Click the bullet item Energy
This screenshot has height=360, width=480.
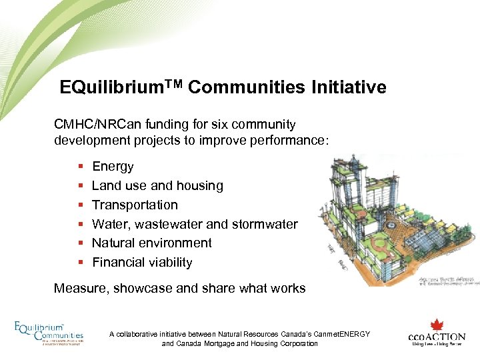coord(113,167)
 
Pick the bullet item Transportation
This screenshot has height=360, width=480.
coord(135,205)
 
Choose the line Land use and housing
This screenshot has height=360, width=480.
coord(157,186)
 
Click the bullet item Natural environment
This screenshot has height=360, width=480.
coord(151,243)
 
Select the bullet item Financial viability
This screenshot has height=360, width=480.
coord(142,262)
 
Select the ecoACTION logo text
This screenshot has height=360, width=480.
coord(435,337)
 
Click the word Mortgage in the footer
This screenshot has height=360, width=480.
coord(213,343)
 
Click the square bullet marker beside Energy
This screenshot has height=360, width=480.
coord(80,167)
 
